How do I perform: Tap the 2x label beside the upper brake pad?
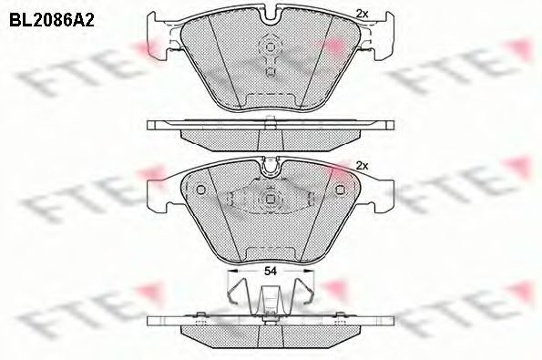click(x=362, y=14)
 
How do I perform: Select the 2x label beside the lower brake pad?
click(x=362, y=165)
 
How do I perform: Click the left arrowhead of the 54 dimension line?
click(x=230, y=271)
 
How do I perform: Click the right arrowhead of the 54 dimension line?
click(x=311, y=271)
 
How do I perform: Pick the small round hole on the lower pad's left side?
click(x=200, y=190)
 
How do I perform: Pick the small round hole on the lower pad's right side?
click(x=341, y=190)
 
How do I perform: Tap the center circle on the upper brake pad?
click(x=271, y=47)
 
